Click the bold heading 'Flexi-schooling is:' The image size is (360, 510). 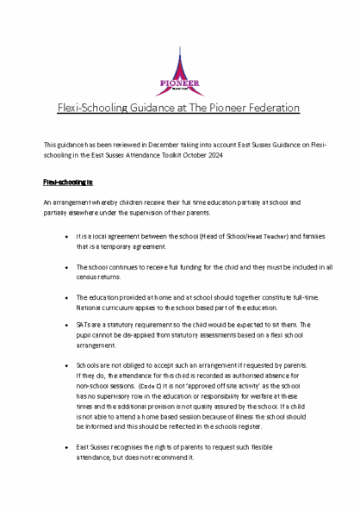coord(68,183)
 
